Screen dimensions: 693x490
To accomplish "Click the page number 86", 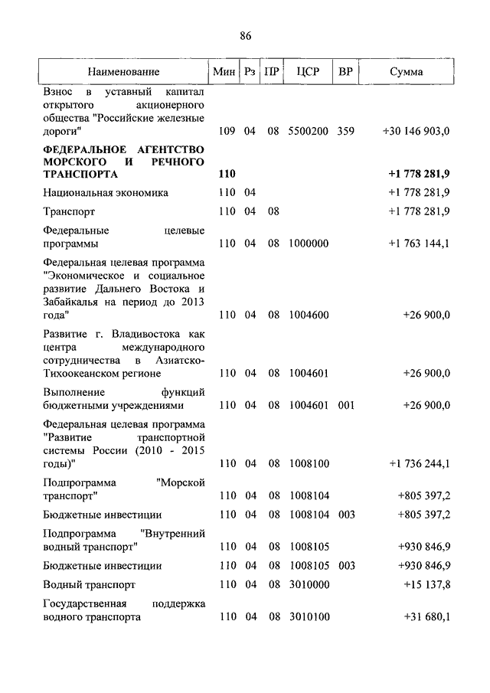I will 244,36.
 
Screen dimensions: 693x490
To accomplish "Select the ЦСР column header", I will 306,72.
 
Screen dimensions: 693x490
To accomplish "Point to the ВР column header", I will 345,72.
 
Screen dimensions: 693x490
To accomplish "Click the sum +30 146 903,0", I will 416,131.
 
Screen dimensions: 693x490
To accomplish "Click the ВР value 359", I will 345,131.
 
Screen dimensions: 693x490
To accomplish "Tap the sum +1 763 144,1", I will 419,244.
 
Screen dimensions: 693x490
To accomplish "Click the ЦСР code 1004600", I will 309,315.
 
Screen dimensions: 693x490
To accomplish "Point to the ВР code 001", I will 345,405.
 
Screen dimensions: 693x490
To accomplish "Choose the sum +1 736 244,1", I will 419,463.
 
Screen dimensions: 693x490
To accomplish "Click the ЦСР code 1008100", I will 309,463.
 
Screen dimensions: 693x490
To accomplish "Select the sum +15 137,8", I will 427,584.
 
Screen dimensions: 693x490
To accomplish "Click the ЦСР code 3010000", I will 309,584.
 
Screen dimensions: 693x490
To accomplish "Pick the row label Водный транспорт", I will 90,584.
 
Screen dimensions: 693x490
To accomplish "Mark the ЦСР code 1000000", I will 309,244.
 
